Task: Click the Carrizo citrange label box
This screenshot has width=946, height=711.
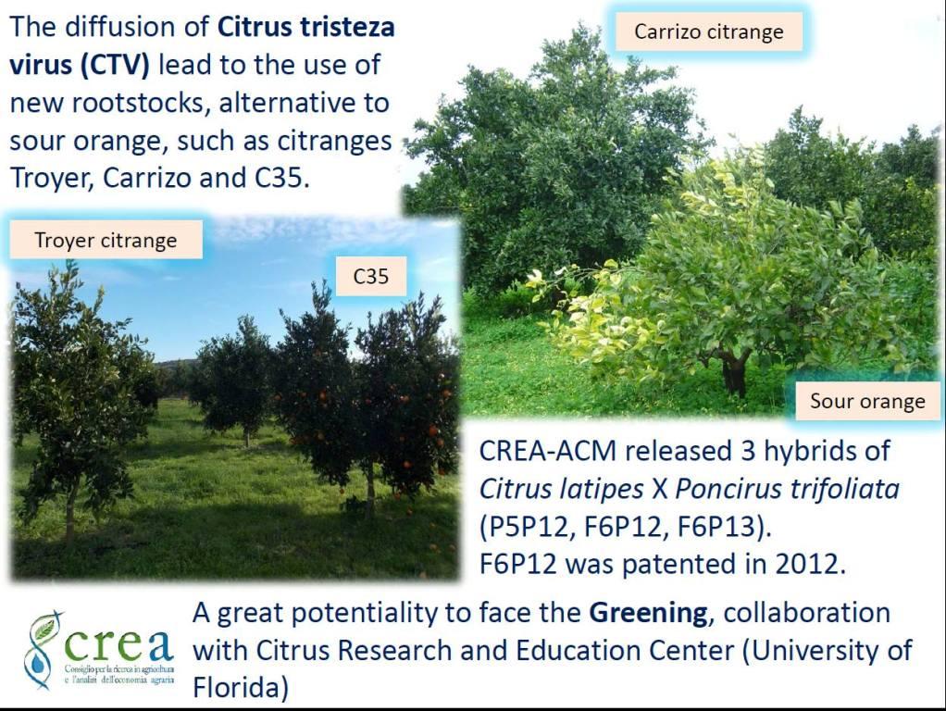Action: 709,31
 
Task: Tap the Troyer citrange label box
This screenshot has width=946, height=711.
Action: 106,240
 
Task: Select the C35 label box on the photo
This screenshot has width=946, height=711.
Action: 370,277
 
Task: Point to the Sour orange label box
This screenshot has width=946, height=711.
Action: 867,401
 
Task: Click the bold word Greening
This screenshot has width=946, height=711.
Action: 648,613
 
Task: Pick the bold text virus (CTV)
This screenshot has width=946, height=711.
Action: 79,65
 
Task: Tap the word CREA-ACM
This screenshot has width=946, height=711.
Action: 548,451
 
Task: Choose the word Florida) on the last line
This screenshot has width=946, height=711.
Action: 241,688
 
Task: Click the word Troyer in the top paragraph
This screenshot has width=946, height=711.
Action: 52,178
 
